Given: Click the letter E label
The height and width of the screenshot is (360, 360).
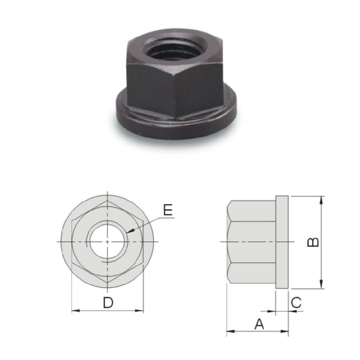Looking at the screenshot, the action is point(168,209).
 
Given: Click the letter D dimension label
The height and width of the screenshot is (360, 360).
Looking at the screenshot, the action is point(108,302).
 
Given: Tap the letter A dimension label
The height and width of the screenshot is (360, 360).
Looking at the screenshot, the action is point(259,324).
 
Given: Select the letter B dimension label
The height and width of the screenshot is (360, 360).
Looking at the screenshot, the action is point(313,242).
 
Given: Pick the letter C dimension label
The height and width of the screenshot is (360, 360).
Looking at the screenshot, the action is point(296,302).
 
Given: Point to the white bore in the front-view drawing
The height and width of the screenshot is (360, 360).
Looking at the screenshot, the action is point(107,242).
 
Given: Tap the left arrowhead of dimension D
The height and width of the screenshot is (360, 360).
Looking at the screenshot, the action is point(76,311).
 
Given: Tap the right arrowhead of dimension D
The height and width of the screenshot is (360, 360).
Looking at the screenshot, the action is point(139,311).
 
